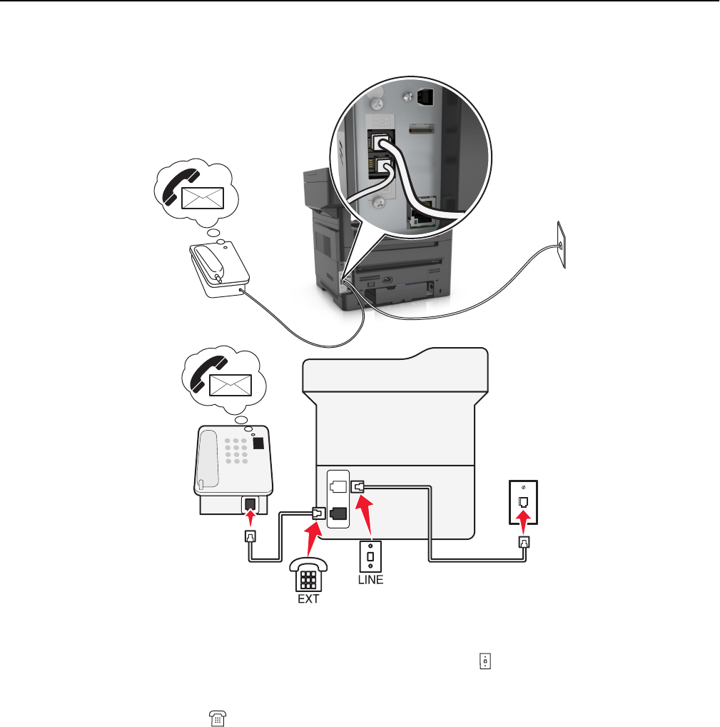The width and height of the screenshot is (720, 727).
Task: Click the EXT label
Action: tap(308, 599)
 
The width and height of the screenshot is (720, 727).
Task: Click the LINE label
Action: tap(370, 580)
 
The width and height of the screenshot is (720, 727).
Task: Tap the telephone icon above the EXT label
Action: tap(309, 573)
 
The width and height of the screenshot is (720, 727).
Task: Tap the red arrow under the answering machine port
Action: tap(250, 522)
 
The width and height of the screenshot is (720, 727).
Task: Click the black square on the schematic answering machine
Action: tap(257, 443)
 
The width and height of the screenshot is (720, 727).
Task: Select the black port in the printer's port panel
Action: tap(340, 512)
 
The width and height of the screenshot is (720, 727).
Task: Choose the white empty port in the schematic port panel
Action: tap(340, 486)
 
